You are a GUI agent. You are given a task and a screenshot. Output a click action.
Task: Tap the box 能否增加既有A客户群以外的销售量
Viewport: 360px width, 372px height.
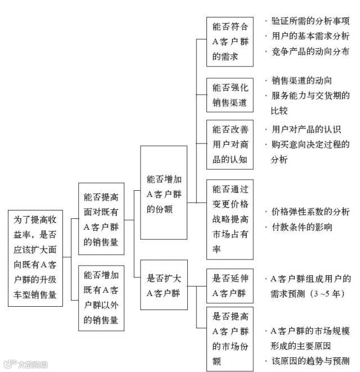coord(101,298)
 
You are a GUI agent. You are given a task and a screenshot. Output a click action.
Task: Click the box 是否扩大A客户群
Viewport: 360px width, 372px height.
coord(164,285)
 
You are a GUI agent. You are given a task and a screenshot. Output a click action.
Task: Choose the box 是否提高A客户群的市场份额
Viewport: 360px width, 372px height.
coord(230,338)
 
